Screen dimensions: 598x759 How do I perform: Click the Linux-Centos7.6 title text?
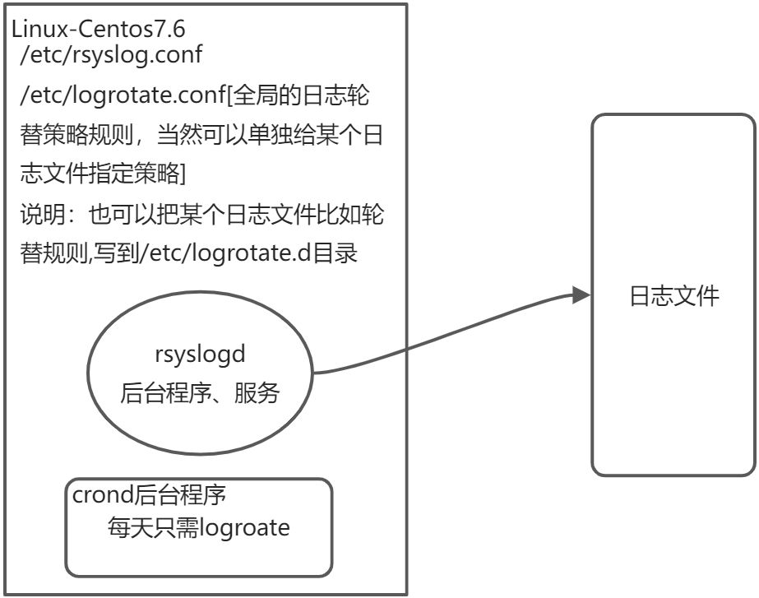pyautogui.click(x=98, y=30)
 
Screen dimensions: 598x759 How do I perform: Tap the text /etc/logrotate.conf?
pyautogui.click(x=123, y=96)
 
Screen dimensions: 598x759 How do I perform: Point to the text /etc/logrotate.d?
pyautogui.click(x=238, y=253)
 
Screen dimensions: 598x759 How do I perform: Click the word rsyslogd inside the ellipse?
pyautogui.click(x=201, y=355)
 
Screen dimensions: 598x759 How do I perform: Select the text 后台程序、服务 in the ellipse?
pyautogui.click(x=201, y=393)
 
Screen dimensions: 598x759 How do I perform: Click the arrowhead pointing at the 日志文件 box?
pyautogui.click(x=581, y=294)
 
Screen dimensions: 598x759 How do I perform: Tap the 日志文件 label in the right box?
pyautogui.click(x=673, y=296)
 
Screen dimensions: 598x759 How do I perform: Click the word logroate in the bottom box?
pyautogui.click(x=248, y=526)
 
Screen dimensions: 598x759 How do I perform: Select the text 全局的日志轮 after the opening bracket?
pyautogui.click(x=301, y=96)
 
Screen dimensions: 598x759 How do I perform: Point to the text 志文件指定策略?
pyautogui.click(x=99, y=174)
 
